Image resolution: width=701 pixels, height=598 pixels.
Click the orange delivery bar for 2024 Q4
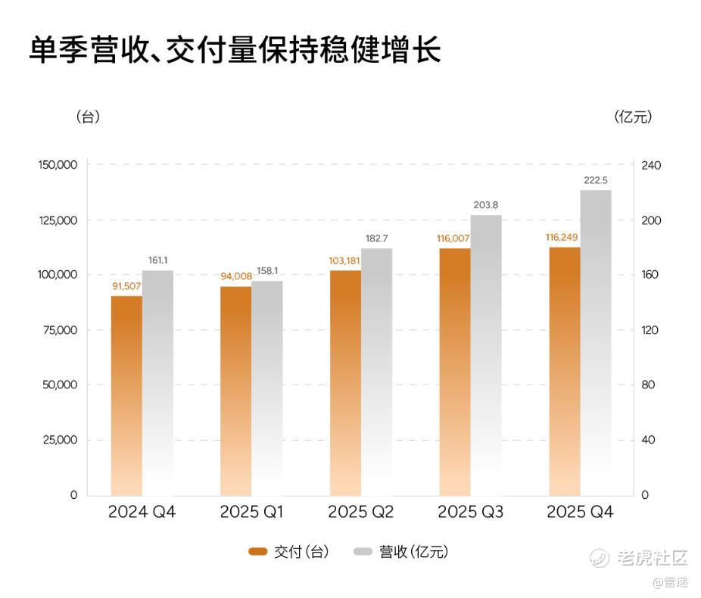126,394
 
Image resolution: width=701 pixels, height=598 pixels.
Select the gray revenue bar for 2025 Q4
596,341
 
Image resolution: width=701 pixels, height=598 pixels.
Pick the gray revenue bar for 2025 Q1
267,386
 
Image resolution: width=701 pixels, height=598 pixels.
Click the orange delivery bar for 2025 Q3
454,371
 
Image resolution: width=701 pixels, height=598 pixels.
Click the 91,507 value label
126,286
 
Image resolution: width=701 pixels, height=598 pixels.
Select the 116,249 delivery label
562,238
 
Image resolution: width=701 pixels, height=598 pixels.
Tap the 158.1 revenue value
267,270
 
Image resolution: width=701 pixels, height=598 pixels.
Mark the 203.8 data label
484,205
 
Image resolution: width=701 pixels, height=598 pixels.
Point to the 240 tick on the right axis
652,165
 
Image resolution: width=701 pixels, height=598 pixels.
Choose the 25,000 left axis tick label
59,440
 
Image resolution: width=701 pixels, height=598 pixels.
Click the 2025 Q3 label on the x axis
470,512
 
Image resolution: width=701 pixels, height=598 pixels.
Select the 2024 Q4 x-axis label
142,512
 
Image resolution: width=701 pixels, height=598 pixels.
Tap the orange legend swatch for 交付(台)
258,552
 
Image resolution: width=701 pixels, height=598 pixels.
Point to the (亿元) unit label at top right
634,117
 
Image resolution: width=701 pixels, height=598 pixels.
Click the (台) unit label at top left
88,117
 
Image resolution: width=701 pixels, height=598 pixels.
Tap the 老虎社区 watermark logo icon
600,559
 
